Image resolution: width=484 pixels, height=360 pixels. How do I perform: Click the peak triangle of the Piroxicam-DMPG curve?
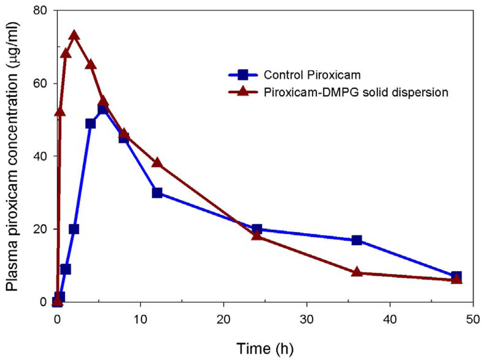tap(74, 36)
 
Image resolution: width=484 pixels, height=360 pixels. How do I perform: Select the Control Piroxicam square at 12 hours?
tap(157, 193)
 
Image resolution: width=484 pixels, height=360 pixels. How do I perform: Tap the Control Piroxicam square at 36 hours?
tap(357, 240)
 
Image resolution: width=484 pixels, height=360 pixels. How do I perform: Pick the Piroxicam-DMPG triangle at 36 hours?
tap(357, 272)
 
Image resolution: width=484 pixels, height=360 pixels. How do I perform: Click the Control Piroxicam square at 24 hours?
tap(257, 229)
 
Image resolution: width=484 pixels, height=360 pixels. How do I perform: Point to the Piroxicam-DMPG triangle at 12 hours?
tap(157, 163)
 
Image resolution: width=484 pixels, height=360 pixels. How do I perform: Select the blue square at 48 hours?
tap(457, 276)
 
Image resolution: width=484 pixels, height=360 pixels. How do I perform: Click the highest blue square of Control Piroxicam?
tap(103, 109)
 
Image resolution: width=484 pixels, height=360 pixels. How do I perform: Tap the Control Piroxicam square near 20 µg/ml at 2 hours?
tap(74, 229)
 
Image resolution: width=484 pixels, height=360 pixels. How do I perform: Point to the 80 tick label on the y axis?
tap(42, 10)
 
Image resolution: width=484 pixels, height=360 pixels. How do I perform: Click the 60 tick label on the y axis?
tap(42, 83)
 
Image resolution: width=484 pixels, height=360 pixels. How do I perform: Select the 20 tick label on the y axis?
tap(42, 229)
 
